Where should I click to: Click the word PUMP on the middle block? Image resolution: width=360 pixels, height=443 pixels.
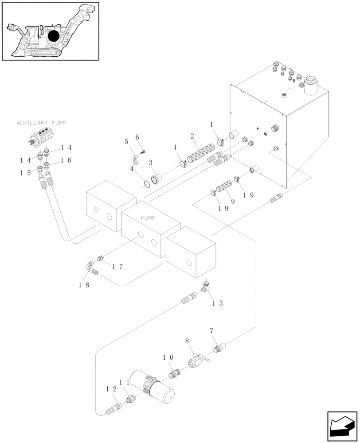coord(148,218)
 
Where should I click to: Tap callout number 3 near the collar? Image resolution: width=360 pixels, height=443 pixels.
coord(151,163)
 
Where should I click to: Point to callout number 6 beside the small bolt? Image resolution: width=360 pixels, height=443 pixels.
coord(137,137)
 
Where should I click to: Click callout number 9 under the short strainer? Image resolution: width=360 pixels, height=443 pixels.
coord(232,202)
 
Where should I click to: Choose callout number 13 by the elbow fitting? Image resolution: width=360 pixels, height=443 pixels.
coord(218,303)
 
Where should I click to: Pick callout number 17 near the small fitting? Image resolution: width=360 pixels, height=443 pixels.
coord(117,267)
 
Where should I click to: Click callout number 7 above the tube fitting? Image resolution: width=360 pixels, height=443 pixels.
coord(211,331)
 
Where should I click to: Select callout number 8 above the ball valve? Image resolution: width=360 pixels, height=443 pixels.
coord(187,341)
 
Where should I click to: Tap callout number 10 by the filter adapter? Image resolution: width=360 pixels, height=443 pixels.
coord(168,357)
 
